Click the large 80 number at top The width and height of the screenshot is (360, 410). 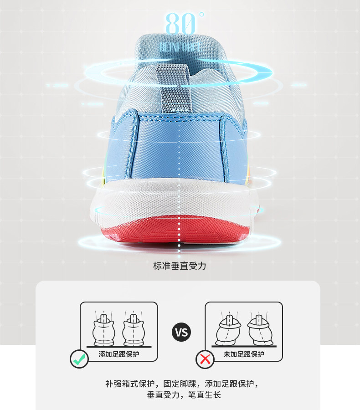click(x=179, y=24)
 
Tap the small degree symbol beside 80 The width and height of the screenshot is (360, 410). click(x=201, y=15)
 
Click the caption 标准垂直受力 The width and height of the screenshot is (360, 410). click(x=180, y=266)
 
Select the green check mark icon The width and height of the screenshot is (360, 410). click(x=79, y=359)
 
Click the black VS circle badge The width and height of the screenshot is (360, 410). click(x=181, y=332)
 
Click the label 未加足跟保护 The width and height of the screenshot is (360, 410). click(x=243, y=354)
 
